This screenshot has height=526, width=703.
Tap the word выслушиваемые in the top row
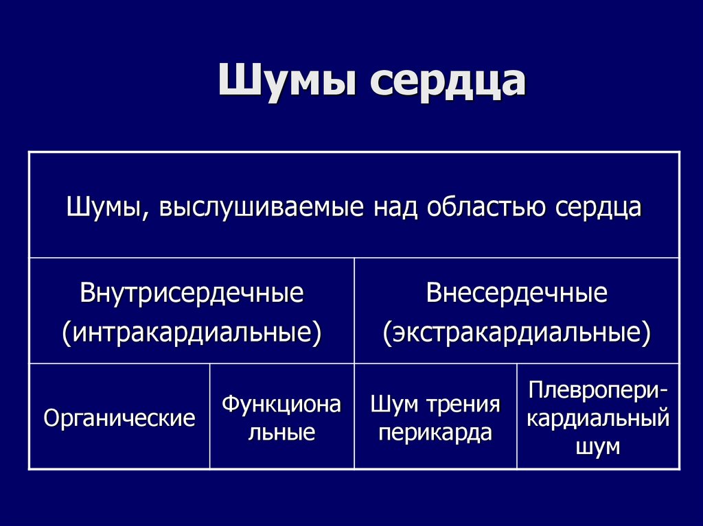(x=262, y=208)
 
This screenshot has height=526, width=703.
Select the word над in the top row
(x=395, y=207)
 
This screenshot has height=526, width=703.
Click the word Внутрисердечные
(x=192, y=294)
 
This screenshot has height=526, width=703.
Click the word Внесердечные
(x=516, y=294)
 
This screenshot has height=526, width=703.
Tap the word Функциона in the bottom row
(x=281, y=405)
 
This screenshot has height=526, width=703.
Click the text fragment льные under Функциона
(x=281, y=433)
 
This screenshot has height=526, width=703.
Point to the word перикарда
(x=435, y=433)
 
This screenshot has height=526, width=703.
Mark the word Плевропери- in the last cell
(x=598, y=391)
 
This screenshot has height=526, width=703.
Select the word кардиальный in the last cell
(x=598, y=418)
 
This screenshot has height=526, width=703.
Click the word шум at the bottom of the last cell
(x=598, y=446)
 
